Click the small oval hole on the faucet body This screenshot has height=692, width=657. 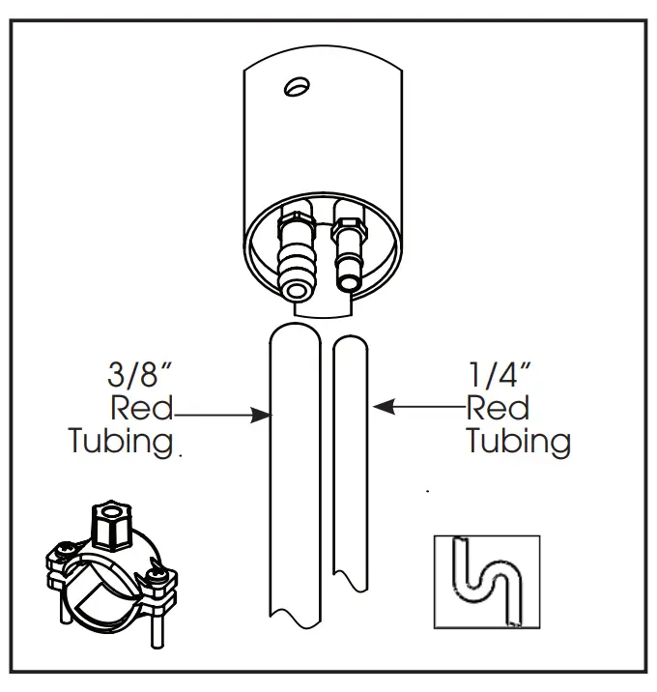(x=297, y=88)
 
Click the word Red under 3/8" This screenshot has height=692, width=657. (x=142, y=408)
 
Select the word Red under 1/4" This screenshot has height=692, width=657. (x=498, y=408)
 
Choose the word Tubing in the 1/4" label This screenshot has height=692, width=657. (x=519, y=442)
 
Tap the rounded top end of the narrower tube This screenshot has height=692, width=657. (x=349, y=341)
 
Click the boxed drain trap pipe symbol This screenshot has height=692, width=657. (x=486, y=581)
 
